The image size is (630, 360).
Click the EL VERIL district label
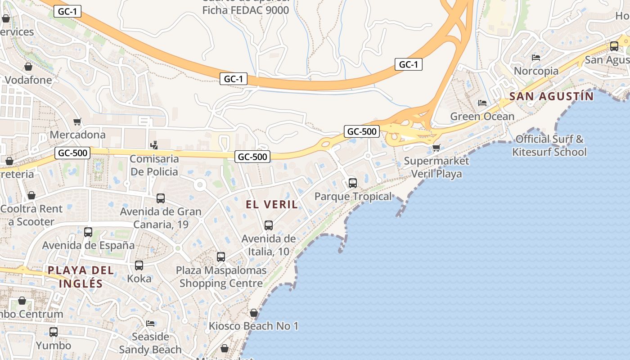pos(272,204)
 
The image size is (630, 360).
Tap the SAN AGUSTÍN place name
pos(552,96)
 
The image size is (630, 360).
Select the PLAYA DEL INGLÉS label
pos(81,277)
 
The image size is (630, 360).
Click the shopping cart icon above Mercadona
pos(77,122)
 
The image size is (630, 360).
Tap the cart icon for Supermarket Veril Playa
pos(436,148)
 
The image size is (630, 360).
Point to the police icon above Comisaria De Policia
pos(154,145)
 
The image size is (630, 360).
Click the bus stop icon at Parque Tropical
pos(353,183)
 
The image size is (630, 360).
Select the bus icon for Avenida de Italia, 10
pos(269,225)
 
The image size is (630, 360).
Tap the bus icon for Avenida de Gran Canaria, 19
pos(161,198)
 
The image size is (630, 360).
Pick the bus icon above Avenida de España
pos(88,232)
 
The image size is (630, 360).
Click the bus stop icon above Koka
pos(139,265)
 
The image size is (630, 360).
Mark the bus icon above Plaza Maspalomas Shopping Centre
pos(221,257)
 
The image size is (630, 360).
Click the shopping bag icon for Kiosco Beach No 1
pos(254,313)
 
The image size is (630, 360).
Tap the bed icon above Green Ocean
pos(482,103)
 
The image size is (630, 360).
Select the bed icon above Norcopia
pos(536,58)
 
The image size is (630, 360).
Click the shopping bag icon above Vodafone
pos(28,67)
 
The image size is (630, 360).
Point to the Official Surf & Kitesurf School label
pos(549,145)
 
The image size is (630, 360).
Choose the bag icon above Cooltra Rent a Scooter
pos(31,195)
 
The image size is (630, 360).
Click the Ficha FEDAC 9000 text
pos(246,10)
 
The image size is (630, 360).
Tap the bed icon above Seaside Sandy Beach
pos(150,324)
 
